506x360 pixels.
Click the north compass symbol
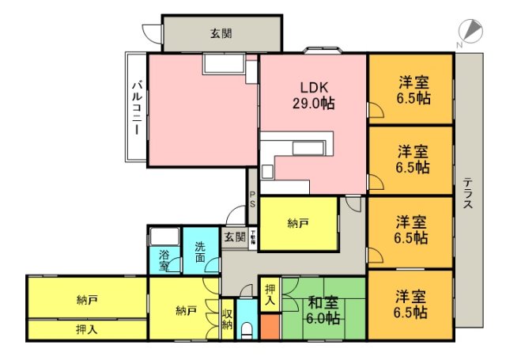point(472,31)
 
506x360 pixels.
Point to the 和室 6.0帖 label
point(324,309)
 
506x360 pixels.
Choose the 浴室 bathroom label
point(164,260)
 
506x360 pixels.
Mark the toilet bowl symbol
point(247,328)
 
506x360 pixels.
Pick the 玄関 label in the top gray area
point(221,33)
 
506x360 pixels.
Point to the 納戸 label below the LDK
point(298,223)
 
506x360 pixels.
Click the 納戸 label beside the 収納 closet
point(186,309)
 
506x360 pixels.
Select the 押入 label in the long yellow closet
point(86,329)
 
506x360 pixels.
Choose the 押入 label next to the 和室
point(270,294)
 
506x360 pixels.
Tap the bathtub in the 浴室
point(164,237)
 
